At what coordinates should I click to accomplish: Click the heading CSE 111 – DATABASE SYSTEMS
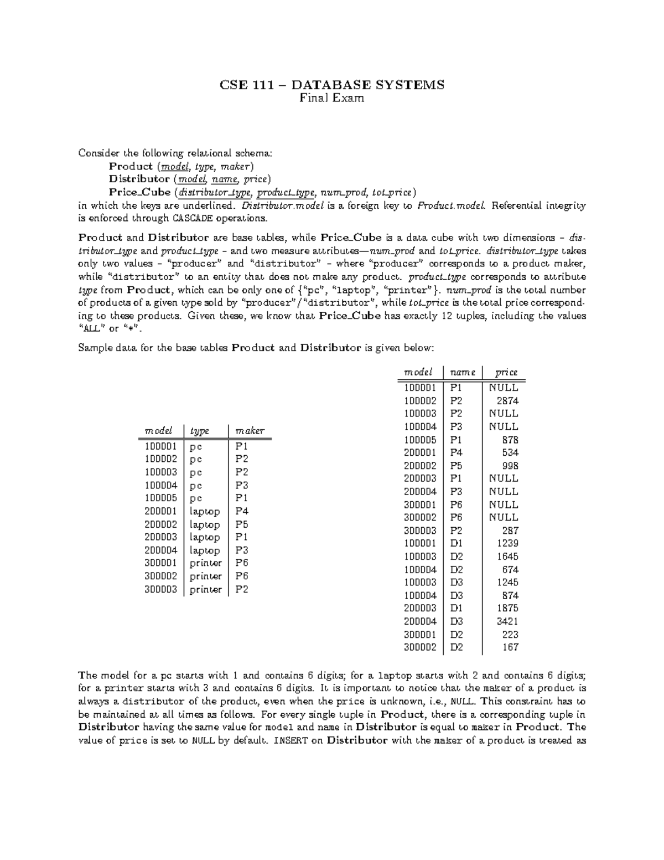[x=332, y=85]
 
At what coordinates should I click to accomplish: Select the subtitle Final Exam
[x=332, y=99]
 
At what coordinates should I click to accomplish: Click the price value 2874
[x=507, y=400]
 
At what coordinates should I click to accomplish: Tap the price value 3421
[x=507, y=621]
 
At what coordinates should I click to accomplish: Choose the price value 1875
[x=507, y=608]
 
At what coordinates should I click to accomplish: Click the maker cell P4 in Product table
[x=242, y=511]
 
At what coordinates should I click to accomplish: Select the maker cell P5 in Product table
[x=242, y=524]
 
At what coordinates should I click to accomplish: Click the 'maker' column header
[x=250, y=431]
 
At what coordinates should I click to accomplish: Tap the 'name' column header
[x=462, y=373]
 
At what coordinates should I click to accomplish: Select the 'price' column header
[x=506, y=373]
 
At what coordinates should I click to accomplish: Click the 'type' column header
[x=199, y=431]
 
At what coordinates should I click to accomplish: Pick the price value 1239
[x=507, y=543]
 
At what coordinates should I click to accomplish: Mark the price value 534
[x=510, y=452]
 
